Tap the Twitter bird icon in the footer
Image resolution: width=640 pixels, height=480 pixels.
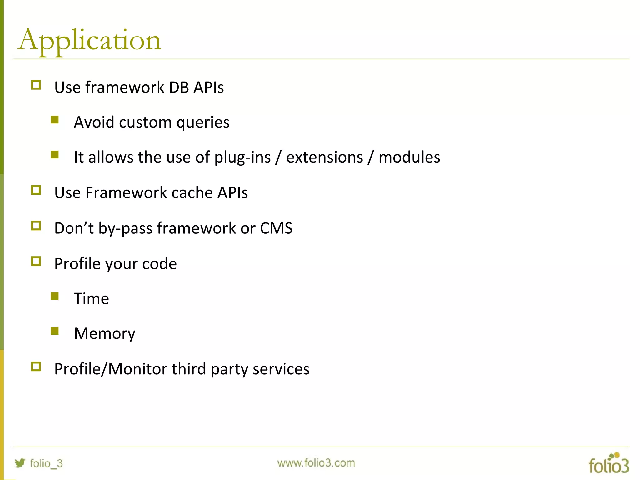20,463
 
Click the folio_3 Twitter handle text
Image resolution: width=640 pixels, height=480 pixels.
46,463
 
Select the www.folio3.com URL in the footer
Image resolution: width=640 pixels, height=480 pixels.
316,463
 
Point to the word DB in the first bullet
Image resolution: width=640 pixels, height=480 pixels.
179,87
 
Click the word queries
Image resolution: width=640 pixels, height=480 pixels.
203,122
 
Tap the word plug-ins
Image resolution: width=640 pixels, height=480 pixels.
242,157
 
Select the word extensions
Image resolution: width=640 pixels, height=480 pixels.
325,157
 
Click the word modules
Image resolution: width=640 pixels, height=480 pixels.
409,157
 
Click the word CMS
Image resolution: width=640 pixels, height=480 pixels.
276,228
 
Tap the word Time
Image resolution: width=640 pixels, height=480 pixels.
91,298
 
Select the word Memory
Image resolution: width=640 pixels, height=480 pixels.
104,334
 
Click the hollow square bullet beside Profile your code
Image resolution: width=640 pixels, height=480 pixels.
36,261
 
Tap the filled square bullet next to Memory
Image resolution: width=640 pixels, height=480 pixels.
55,331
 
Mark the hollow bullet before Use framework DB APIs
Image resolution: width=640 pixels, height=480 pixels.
36,85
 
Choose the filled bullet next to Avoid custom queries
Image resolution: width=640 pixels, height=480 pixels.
55,120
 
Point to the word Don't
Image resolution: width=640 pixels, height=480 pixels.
74,228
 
